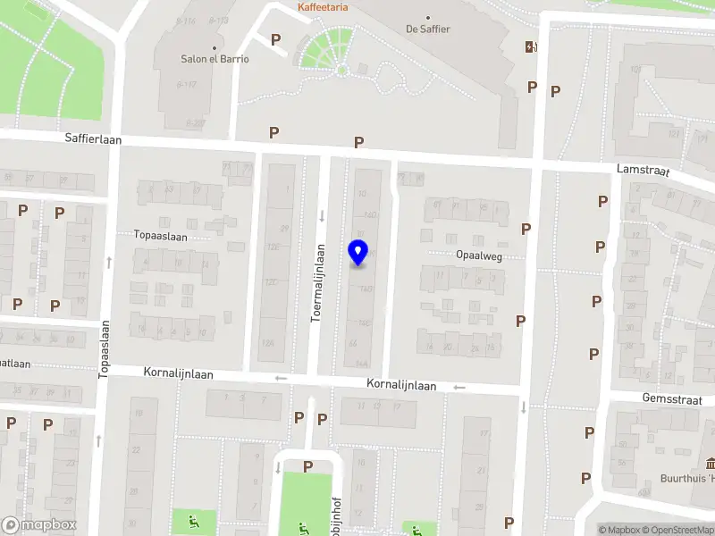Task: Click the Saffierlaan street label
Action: tap(93, 139)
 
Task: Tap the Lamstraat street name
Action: tap(643, 169)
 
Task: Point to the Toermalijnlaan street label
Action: tap(317, 284)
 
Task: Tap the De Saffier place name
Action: tap(428, 29)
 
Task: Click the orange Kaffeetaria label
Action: tap(323, 7)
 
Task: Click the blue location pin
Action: tap(357, 252)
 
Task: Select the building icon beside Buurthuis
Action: tap(711, 463)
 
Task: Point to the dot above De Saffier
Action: tap(428, 17)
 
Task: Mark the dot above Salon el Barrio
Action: tap(214, 47)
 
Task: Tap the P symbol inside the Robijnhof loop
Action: tap(307, 466)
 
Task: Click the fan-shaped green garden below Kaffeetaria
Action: tap(328, 48)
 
